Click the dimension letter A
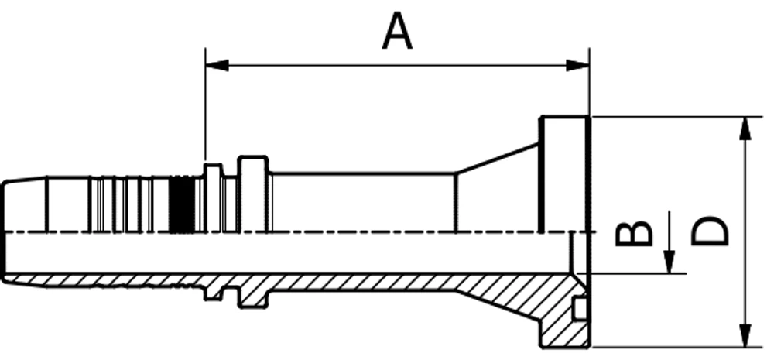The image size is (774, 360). click(397, 32)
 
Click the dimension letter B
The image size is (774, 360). click(634, 234)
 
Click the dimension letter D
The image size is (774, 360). click(709, 231)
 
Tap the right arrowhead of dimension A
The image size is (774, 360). click(577, 65)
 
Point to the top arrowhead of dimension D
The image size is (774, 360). click(745, 129)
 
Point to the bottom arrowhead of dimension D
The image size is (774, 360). click(745, 335)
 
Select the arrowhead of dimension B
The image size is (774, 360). click(669, 262)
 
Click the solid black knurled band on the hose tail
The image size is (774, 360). click(182, 204)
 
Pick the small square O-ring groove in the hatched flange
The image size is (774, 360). click(580, 308)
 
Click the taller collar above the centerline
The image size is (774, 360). click(254, 194)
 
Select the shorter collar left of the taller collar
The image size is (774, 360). click(213, 198)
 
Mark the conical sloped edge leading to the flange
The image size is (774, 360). click(497, 159)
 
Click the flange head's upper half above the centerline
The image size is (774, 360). click(565, 174)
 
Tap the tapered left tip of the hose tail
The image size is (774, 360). click(25, 204)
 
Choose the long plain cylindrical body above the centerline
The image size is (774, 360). click(363, 203)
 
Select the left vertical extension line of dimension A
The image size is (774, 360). click(205, 105)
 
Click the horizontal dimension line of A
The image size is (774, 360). click(397, 65)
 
